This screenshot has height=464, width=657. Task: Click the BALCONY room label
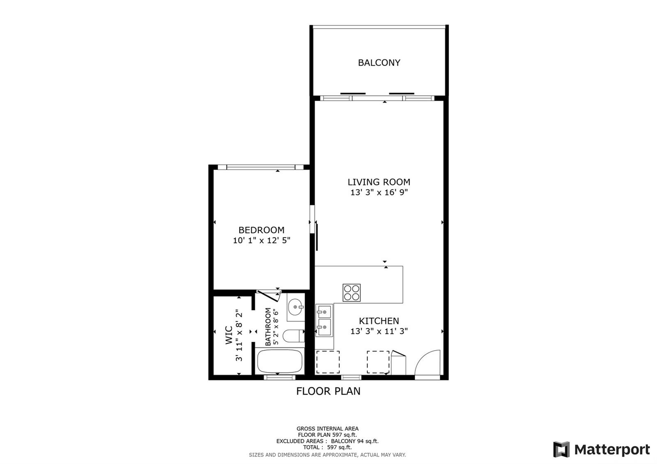379,63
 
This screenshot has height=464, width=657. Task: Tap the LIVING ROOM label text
379,182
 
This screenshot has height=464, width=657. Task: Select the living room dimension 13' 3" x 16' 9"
379,193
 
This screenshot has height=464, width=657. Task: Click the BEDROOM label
261,230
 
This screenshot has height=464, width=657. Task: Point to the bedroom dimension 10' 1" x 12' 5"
261,241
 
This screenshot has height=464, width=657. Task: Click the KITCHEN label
379,321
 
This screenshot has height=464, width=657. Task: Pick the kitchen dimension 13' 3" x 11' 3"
379,331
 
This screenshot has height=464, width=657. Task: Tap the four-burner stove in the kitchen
351,293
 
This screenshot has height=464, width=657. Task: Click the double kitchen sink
324,321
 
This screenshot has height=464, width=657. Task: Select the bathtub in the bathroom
280,361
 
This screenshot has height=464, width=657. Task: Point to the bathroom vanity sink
296,308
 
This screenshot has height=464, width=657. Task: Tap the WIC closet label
229,335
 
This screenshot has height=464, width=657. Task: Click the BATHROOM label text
268,327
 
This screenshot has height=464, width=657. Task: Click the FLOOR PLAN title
328,391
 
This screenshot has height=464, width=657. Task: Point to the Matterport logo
602,449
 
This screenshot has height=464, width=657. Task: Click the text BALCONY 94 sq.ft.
355,441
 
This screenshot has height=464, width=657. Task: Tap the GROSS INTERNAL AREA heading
327,429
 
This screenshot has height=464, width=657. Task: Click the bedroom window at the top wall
261,167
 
